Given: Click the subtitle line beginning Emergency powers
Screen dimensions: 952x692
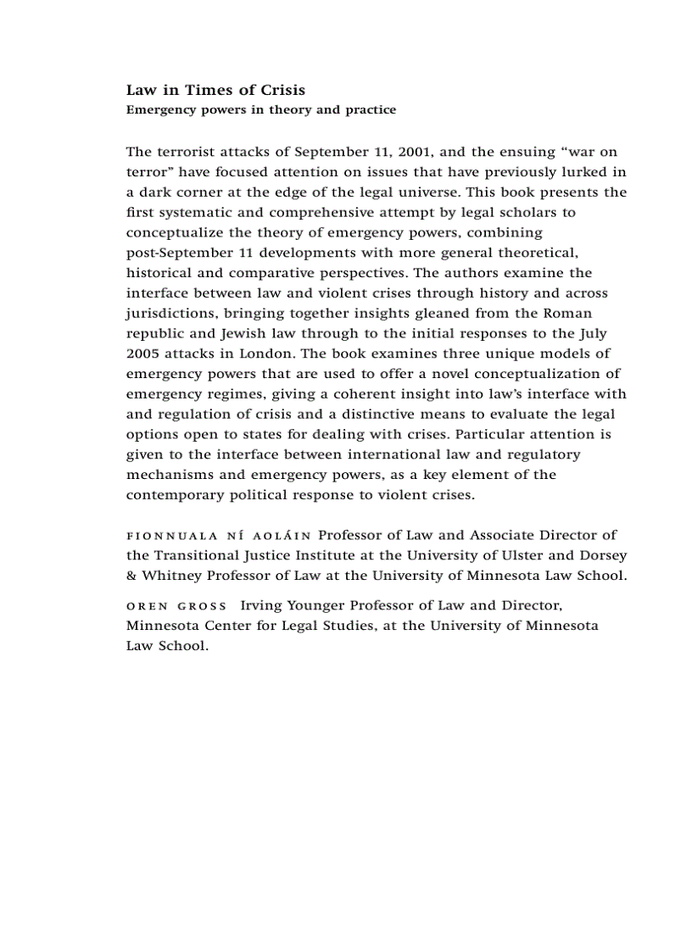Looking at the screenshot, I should click(260, 110).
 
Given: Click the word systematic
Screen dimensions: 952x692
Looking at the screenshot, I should click(191, 213).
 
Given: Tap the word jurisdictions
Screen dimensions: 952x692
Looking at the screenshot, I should click(171, 314).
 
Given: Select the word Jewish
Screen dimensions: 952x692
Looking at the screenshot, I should click(221, 334).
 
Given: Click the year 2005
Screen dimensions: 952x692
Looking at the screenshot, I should click(142, 354).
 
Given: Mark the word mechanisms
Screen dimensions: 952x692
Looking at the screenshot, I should click(169, 475).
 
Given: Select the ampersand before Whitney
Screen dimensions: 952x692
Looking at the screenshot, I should click(131, 576).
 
